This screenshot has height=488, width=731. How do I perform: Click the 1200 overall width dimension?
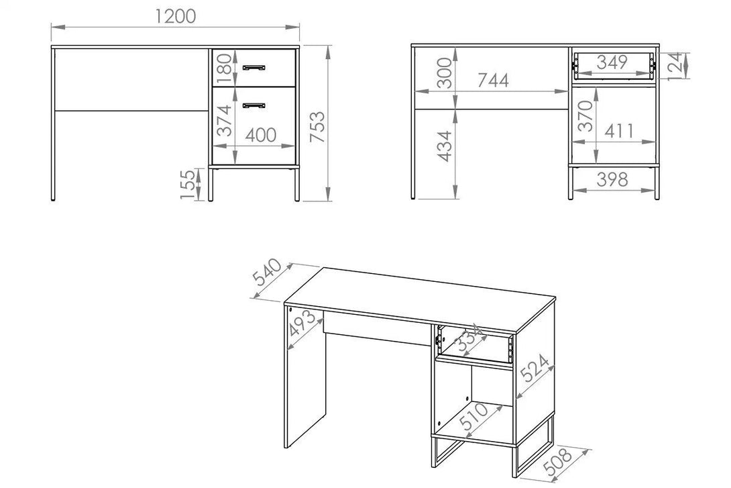point(175,17)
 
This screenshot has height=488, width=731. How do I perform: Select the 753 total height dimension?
point(317,126)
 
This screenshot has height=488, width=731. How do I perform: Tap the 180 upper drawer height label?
point(224,64)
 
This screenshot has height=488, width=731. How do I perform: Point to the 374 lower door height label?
point(224,120)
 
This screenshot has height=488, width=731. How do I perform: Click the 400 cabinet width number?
point(261,136)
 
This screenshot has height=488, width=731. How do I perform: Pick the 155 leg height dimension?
point(187,185)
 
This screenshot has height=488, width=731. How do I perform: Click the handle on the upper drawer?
point(254,68)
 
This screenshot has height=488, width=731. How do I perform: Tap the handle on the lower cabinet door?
point(254,106)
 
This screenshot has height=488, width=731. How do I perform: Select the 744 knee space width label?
point(493,81)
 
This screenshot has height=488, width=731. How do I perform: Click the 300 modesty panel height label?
point(445,72)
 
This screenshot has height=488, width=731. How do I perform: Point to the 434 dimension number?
point(445,146)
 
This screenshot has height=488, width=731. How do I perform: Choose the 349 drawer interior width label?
point(612,62)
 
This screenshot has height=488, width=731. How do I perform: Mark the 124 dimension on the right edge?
point(676,66)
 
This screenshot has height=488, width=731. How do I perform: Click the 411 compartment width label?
point(619,132)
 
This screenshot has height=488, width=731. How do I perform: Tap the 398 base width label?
point(612,179)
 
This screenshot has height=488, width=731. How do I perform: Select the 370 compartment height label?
point(585,115)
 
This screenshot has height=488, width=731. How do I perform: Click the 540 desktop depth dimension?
point(267,272)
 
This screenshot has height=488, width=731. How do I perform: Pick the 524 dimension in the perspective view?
point(535,368)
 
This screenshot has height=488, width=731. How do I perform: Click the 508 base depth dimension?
point(558,462)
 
